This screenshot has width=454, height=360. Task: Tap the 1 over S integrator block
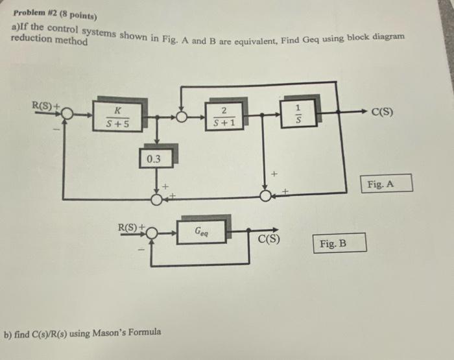pyautogui.click(x=298, y=114)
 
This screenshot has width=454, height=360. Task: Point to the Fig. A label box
pyautogui.click(x=388, y=184)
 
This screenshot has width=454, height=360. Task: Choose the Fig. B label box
pyautogui.click(x=342, y=244)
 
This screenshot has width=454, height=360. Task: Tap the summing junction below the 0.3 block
pyautogui.click(x=156, y=198)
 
